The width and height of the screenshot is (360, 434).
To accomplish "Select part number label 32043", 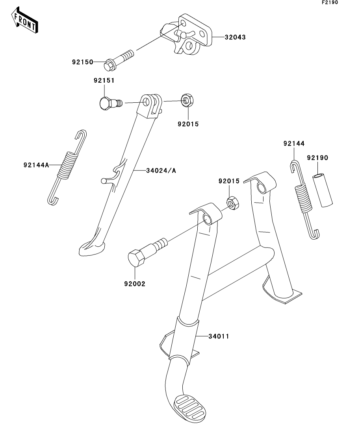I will pos(235,38).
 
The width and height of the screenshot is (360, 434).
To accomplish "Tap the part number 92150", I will pos(82,62).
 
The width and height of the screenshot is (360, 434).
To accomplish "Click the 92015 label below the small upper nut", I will pos(188,124).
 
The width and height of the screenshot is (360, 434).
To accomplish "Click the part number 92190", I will pos(317,158).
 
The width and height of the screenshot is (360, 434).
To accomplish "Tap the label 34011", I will pos(219,336).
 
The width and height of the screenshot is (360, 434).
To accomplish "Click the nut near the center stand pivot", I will pos(232,203).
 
